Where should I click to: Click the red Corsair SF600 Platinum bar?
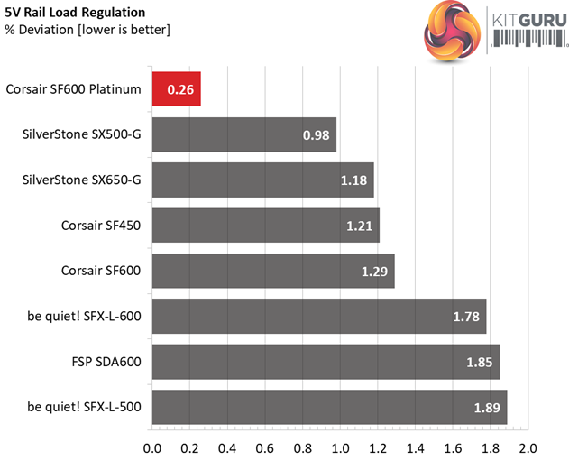click(177, 89)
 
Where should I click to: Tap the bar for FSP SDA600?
click(326, 362)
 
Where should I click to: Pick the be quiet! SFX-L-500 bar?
click(329, 407)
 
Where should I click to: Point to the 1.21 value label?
click(357, 226)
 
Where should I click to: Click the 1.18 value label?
click(352, 180)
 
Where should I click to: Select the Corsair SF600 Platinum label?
click(73, 89)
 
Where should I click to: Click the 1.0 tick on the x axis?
click(340, 447)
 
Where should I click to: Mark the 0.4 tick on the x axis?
click(227, 447)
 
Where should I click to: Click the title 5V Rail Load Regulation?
click(76, 14)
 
